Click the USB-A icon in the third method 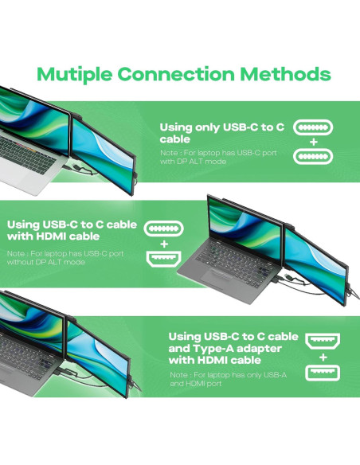click(323, 373)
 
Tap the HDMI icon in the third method click(323, 343)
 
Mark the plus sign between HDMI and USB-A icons click(323, 359)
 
